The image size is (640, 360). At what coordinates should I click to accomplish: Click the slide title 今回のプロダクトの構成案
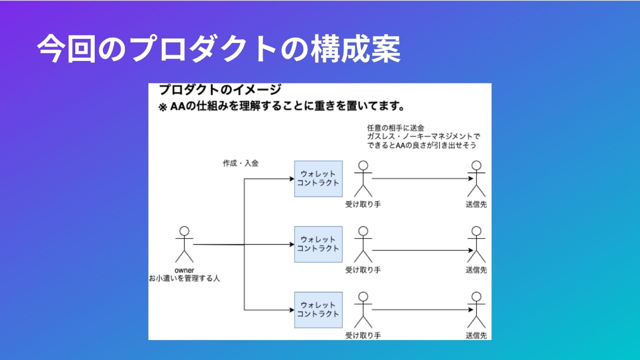219,49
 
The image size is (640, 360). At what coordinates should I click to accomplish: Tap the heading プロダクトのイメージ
220,90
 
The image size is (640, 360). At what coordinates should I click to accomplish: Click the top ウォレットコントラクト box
318,178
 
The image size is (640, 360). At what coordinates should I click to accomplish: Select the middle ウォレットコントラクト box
318,244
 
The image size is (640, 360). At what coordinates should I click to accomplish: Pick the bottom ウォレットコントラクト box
318,309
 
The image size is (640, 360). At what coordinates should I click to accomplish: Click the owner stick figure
184,244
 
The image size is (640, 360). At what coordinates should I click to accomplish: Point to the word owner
184,270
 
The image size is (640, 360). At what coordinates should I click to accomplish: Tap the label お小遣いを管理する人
184,279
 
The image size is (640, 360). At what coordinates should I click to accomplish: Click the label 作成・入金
240,163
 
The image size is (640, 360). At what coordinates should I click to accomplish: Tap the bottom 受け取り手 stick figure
363,309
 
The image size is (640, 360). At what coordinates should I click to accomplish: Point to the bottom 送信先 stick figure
476,309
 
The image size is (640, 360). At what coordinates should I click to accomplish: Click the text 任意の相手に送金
396,128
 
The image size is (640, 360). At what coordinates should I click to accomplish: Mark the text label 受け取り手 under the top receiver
363,204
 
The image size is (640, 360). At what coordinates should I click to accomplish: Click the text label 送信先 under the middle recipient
476,270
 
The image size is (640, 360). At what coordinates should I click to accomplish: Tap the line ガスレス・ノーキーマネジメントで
423,136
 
